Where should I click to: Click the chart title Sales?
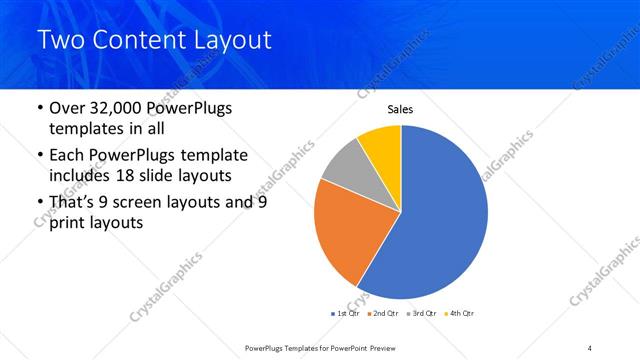click(400, 110)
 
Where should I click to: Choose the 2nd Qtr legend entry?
click(384, 313)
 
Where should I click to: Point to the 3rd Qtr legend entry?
click(422, 313)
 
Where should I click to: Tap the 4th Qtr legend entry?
click(460, 313)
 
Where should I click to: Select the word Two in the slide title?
click(62, 40)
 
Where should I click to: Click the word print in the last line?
click(67, 224)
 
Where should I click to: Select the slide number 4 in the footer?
click(590, 347)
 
